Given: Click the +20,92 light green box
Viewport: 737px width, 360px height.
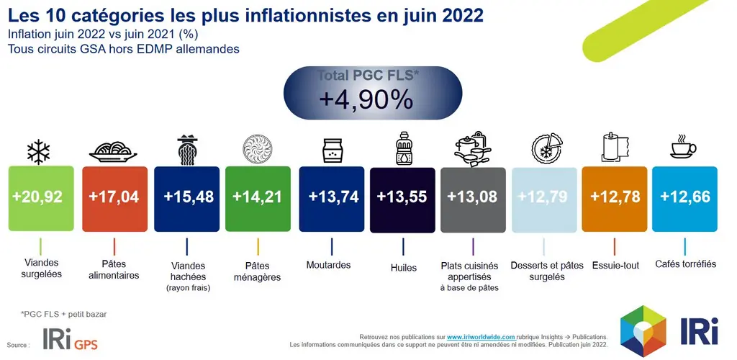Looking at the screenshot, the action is coord(41,198).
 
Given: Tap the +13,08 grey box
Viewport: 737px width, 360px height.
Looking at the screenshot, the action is coord(473,199).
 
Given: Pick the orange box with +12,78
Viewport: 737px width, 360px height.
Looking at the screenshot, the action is coord(615,199).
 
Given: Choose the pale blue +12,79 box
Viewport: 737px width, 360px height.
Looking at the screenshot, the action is coord(544,199).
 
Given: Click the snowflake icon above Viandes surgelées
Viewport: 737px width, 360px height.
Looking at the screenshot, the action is coord(38,151).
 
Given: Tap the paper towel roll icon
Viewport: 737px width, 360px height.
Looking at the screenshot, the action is coord(615,147).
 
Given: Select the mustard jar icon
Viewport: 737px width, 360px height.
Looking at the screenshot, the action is coord(333,150).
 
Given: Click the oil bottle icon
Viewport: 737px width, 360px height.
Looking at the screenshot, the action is coord(403,148).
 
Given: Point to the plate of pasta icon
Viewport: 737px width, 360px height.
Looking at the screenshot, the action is coord(113,152).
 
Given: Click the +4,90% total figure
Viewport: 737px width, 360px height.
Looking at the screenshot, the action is coord(366,99).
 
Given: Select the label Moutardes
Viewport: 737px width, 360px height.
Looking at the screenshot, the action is coord(328,265).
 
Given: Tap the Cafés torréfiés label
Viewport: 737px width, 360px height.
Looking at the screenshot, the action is coord(685,264).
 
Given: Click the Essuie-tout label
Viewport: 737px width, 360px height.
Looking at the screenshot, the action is coord(616,266).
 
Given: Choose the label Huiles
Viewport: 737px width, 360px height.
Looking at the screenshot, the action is coord(403,268).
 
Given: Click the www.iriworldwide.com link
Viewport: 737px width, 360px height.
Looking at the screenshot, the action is coord(481,337).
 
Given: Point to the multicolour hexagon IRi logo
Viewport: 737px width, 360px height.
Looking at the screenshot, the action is coord(643,331).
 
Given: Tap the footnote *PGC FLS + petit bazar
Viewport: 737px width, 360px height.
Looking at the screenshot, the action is coord(64,314).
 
